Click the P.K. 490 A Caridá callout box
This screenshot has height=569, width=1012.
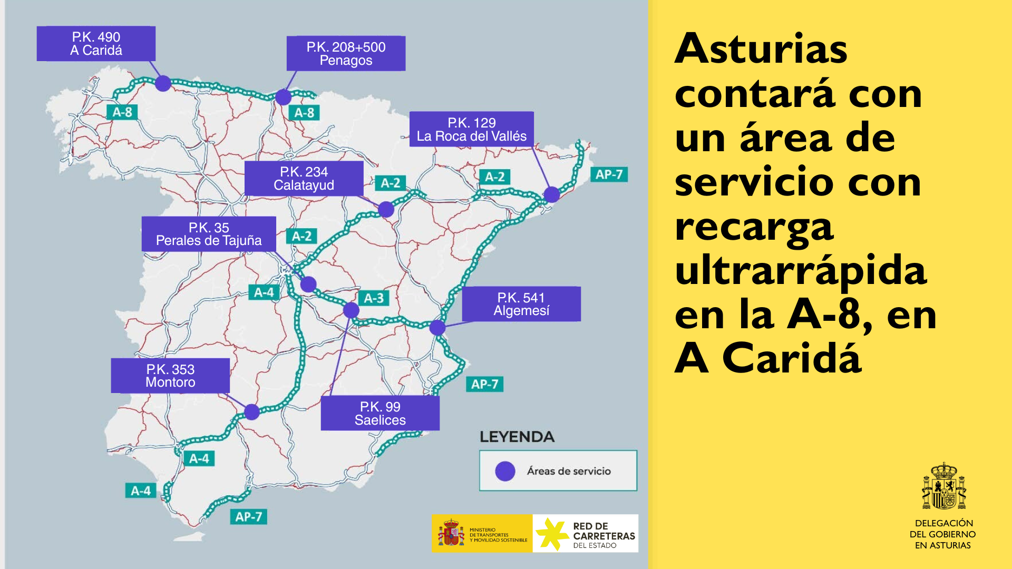pyautogui.click(x=96, y=44)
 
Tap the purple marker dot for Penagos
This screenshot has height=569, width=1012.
pyautogui.click(x=284, y=97)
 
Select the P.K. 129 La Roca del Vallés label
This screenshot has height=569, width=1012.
pyautogui.click(x=471, y=129)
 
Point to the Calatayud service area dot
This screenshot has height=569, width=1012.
pyautogui.click(x=386, y=209)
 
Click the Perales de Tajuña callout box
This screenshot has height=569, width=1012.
pyautogui.click(x=209, y=234)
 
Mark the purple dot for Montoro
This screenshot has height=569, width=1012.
pyautogui.click(x=252, y=411)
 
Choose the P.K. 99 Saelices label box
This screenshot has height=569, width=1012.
pyautogui.click(x=380, y=413)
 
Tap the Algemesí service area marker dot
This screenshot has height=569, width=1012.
pyautogui.click(x=437, y=328)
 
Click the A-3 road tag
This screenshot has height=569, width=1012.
pyautogui.click(x=374, y=298)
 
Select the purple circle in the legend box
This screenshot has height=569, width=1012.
pyautogui.click(x=505, y=471)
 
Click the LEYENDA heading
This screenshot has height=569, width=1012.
pyautogui.click(x=517, y=437)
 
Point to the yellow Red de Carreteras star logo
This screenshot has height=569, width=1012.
pyautogui.click(x=551, y=534)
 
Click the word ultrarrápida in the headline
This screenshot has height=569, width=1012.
pyautogui.click(x=800, y=270)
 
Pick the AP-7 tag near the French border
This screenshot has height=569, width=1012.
pyautogui.click(x=609, y=174)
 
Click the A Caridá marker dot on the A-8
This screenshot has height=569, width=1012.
pyautogui.click(x=163, y=83)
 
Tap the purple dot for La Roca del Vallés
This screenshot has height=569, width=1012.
pyautogui.click(x=551, y=194)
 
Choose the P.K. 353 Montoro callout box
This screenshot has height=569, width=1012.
pyautogui.click(x=170, y=376)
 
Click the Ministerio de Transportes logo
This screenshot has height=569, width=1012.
pyautogui.click(x=482, y=534)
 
